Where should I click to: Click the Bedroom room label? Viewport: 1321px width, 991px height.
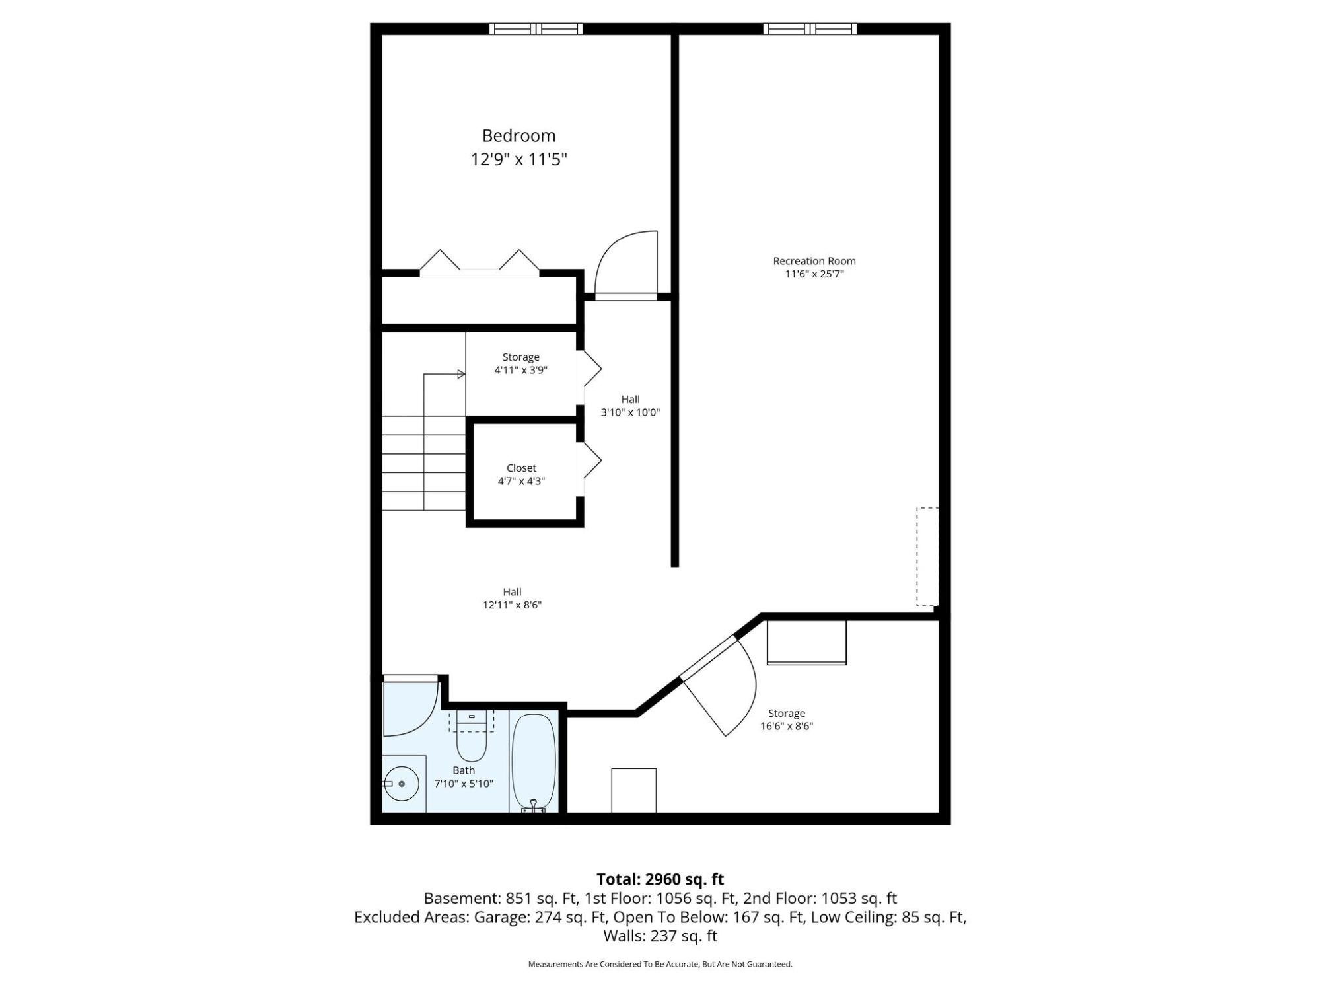pos(518,136)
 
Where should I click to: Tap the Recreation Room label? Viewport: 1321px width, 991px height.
pos(814,261)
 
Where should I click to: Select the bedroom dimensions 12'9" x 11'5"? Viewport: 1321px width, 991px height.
pos(518,159)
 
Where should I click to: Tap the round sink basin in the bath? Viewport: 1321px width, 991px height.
pos(402,784)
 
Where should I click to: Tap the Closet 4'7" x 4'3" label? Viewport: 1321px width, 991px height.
pos(521,474)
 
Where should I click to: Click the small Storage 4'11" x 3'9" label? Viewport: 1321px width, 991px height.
pos(521,363)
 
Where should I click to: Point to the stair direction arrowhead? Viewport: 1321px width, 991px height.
pos(462,374)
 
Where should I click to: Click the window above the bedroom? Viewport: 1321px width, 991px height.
pos(536,28)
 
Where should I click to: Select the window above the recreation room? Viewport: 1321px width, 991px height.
pos(810,28)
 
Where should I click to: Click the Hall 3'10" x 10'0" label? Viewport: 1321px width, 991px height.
pos(630,406)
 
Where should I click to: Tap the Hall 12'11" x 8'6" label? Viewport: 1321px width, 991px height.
pos(512,598)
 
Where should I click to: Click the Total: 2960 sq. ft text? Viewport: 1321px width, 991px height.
pos(660,879)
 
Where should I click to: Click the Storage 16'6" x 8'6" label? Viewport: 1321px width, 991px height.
pos(787,719)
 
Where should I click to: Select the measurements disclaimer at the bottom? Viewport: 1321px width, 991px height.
pos(660,964)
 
